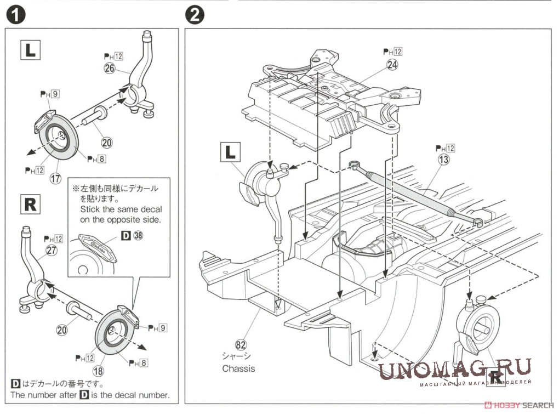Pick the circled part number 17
click(55, 178)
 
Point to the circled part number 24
click(392, 64)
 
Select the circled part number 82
click(239, 344)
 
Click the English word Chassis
click(238, 368)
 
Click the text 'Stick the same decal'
click(121, 209)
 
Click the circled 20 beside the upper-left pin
click(107, 142)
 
